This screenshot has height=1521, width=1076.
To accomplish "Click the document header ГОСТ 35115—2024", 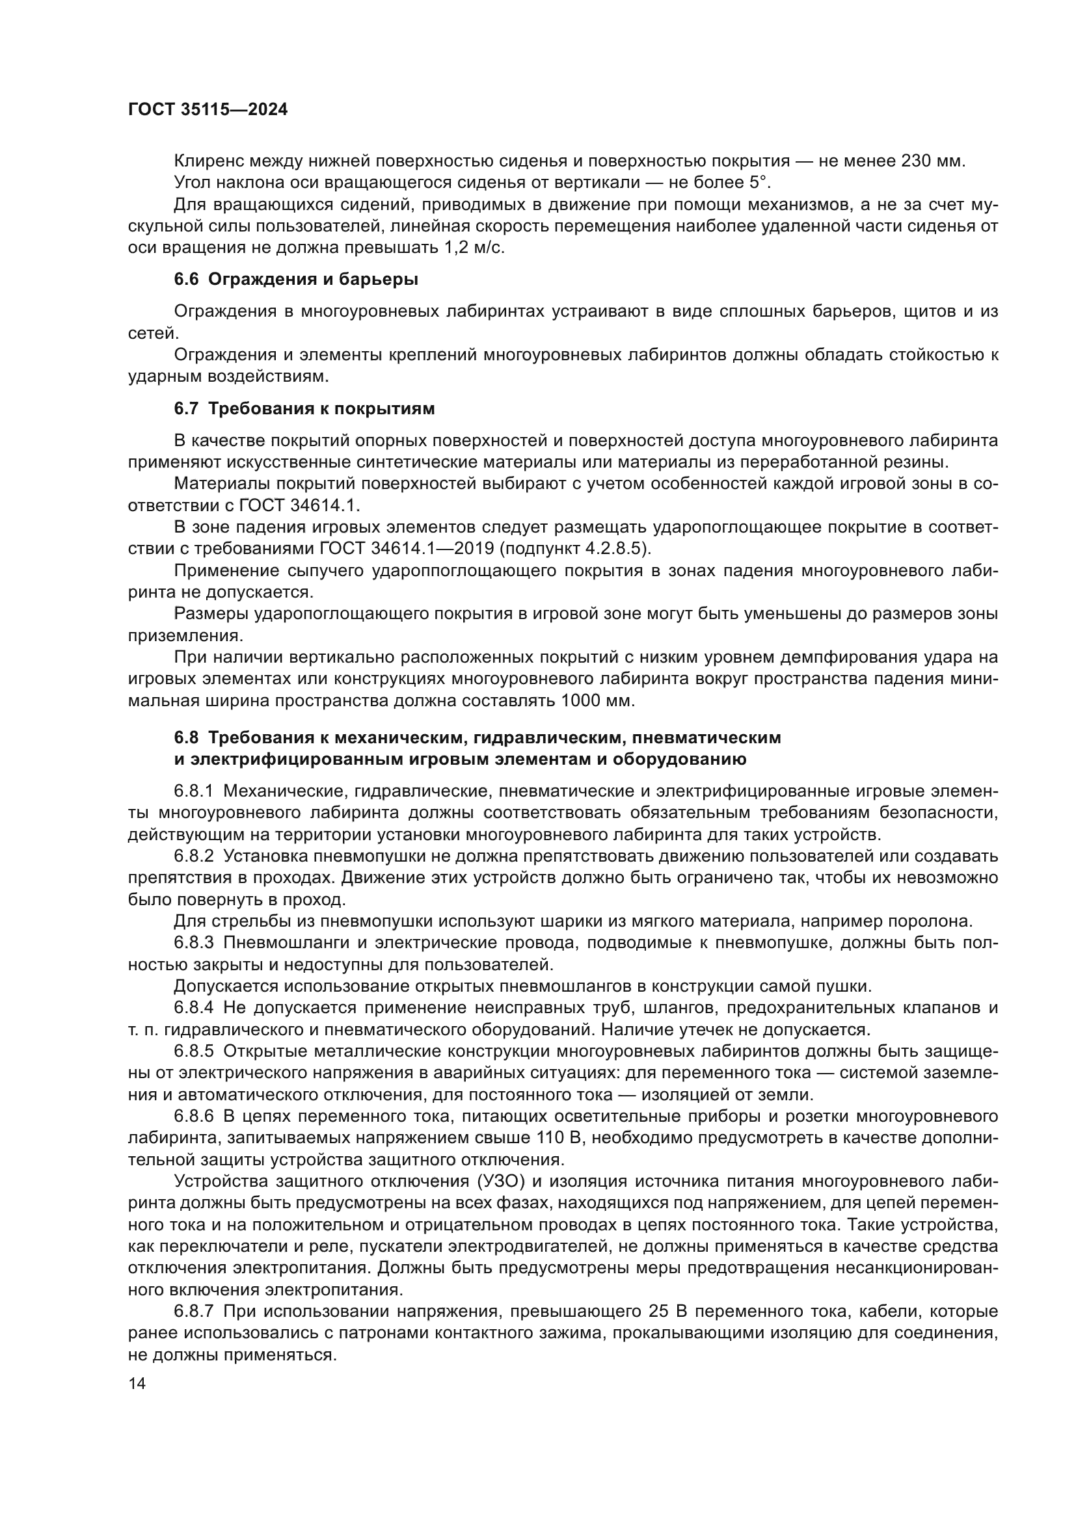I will point(208,110).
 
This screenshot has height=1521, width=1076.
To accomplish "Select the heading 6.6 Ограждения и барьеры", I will point(295,280).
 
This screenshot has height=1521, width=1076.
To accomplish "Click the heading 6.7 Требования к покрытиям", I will point(304,409).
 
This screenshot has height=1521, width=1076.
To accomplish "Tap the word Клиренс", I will point(209,161).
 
